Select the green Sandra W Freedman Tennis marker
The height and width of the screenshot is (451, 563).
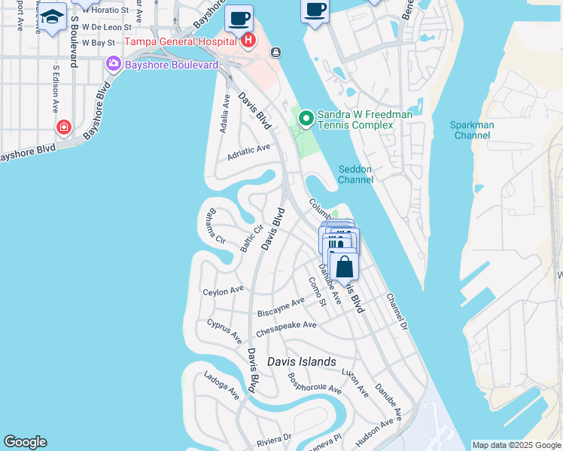point(306,118)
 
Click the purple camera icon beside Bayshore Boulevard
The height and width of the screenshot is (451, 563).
point(114,64)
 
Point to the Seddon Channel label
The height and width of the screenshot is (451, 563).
point(355,174)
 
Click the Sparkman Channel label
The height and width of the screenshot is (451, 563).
point(472,130)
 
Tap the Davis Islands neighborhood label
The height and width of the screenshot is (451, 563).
point(302,362)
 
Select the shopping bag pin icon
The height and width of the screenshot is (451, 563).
point(344,267)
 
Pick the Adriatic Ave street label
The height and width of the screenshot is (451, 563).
point(248,153)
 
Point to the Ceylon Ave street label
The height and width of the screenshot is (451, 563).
point(224,289)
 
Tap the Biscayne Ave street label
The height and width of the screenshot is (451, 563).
point(281,307)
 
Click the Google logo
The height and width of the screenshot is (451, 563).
point(25,442)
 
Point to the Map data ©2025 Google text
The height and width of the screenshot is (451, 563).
point(516,445)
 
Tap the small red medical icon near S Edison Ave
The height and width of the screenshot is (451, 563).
point(64,126)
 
